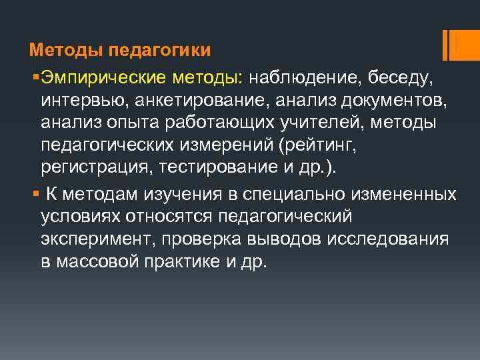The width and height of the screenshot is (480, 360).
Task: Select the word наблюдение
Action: point(303,79)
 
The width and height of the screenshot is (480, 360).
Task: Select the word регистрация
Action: point(93,166)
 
